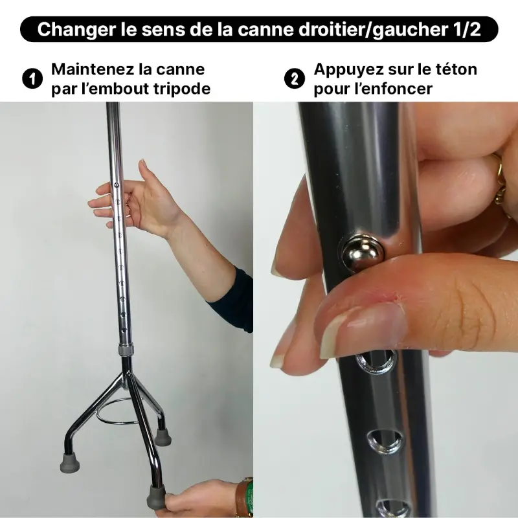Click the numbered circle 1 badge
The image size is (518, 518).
point(30,79)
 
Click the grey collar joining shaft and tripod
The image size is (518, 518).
point(126,350)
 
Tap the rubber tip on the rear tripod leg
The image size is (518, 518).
point(163,437)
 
